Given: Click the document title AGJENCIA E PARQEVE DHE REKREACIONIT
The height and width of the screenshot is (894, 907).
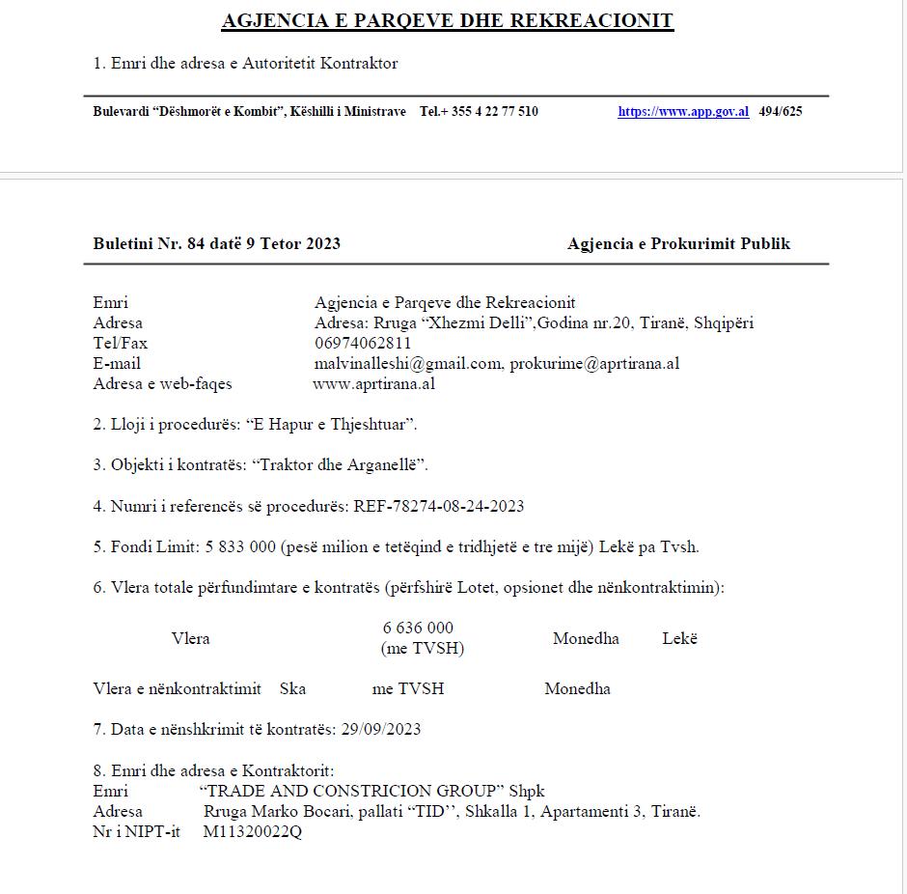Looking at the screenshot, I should (x=448, y=20).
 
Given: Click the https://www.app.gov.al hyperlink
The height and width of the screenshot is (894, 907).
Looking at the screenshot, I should (x=683, y=111).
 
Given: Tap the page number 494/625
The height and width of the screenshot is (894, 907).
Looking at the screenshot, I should (x=781, y=111).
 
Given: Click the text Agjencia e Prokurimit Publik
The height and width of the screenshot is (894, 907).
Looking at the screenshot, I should (x=678, y=243).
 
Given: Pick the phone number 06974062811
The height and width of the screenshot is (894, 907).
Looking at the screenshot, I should (x=363, y=343).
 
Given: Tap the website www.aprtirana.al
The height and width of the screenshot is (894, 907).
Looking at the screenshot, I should (x=374, y=383).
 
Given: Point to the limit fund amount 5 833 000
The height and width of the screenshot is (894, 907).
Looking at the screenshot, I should (x=238, y=546).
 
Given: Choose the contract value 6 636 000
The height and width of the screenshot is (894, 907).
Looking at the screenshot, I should (x=418, y=628).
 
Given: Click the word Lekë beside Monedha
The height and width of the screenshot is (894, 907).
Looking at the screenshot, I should (x=679, y=638).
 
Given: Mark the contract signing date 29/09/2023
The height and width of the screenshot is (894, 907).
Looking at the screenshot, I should (x=381, y=729).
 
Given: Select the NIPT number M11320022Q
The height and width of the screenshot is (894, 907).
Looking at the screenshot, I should (x=253, y=831).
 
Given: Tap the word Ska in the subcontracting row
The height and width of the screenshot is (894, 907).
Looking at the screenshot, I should (x=292, y=688).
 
